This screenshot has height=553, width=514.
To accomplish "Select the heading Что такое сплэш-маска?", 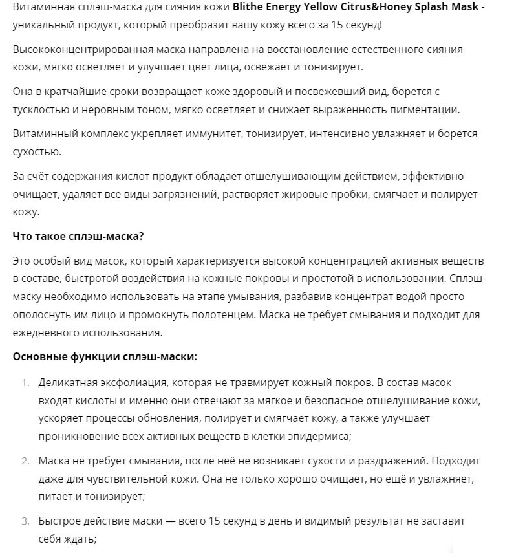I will [78, 235].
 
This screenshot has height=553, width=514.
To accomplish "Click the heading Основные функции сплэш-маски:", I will [105, 356].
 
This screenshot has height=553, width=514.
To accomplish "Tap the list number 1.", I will [25, 383].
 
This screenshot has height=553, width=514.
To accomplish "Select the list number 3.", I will [25, 520].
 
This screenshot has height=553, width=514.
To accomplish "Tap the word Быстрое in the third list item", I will [59, 520].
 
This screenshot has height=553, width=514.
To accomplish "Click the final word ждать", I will [80, 537].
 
